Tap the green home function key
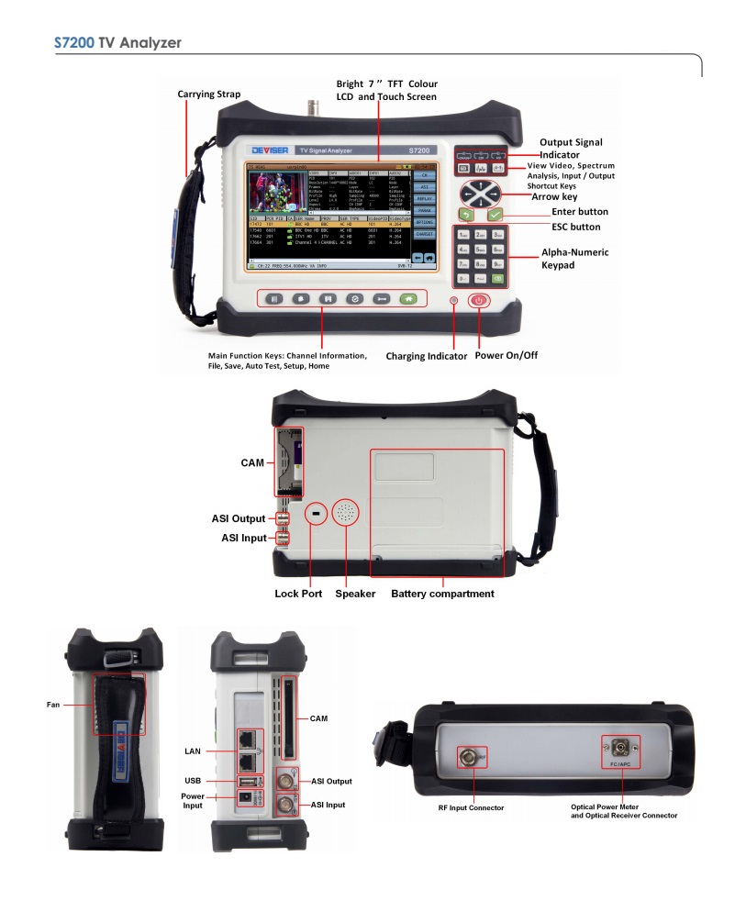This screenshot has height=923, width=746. pos(406,298)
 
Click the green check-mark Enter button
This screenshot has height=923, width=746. pos(496,215)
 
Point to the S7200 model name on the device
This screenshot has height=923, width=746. pos(418,150)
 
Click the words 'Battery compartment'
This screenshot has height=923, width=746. pos(442,594)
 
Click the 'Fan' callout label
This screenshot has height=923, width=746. pos(53,706)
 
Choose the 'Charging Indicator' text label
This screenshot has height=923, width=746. pos(426,355)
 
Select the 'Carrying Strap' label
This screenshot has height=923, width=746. pos(209,94)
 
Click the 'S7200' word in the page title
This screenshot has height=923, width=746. pos(74,42)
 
